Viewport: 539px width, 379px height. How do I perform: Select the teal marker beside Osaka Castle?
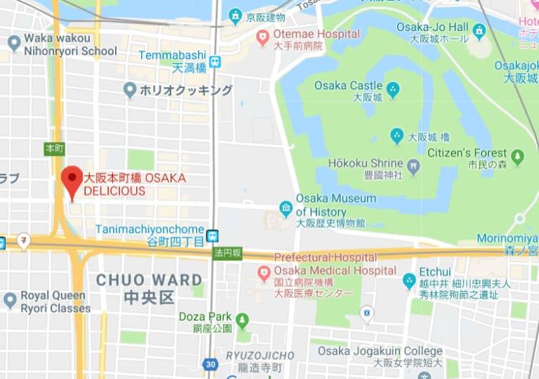pyautogui.click(x=393, y=89)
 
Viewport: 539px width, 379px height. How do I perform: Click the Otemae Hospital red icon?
pyautogui.click(x=263, y=37)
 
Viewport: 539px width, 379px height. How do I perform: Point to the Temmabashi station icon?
pyautogui.click(x=215, y=61)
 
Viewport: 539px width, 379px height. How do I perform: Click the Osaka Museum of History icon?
pyautogui.click(x=286, y=207)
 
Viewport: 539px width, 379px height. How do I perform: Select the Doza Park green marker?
pyautogui.click(x=243, y=321)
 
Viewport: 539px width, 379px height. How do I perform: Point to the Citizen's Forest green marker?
pyautogui.click(x=518, y=157)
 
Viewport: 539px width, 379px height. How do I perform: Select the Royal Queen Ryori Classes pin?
pyautogui.click(x=10, y=300)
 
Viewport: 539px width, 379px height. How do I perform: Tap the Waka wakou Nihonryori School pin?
pyautogui.click(x=13, y=43)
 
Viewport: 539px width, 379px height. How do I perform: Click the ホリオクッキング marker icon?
pyautogui.click(x=129, y=90)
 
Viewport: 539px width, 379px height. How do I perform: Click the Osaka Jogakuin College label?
pyautogui.click(x=380, y=351)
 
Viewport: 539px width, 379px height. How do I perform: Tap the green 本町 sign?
pyautogui.click(x=54, y=148)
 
